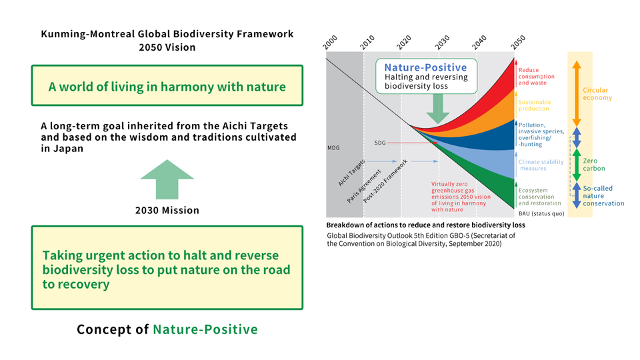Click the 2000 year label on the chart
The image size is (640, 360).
tap(330, 43)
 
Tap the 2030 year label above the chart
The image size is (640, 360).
tap(442, 43)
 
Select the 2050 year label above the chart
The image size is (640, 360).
tap(518, 43)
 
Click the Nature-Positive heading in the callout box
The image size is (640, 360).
tap(425, 67)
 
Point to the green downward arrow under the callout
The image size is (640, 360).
tap(438, 109)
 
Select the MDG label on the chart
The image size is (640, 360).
tap(333, 148)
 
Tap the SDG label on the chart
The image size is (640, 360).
tap(380, 143)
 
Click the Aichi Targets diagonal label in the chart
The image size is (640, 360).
tap(351, 173)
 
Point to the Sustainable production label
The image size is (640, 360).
tap(534, 105)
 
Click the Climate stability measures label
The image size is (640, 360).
tap(541, 165)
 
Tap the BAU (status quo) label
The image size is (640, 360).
tap(541, 213)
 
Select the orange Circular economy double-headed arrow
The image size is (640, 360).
tap(576, 93)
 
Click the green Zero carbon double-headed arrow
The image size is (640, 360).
tap(576, 165)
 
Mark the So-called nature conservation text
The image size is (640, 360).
tap(603, 196)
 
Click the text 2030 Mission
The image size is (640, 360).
tap(167, 210)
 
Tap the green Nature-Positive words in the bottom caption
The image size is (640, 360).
tap(205, 329)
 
